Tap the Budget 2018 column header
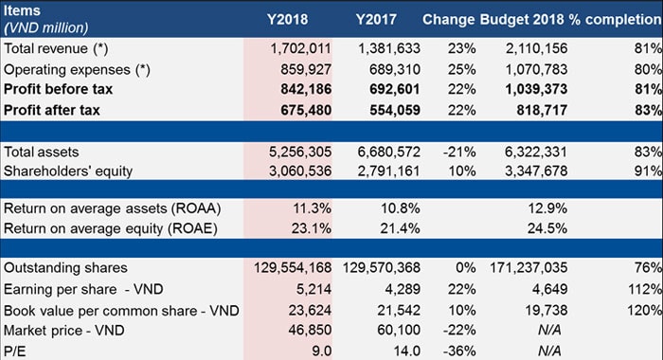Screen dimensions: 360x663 point(519,19)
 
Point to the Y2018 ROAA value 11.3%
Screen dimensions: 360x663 point(309,208)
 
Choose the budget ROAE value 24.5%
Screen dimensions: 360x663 point(535,228)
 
